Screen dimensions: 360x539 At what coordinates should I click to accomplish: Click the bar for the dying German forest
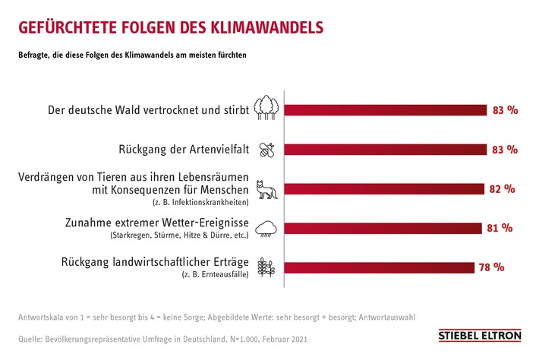[386, 110]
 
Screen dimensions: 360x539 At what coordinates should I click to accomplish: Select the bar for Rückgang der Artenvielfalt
[386, 150]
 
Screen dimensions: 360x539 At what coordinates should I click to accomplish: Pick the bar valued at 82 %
[384, 189]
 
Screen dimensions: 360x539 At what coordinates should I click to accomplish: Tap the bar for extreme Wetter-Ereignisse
[383, 228]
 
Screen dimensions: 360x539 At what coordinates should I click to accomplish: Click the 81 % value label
[500, 228]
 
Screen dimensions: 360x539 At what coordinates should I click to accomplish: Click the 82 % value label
[502, 189]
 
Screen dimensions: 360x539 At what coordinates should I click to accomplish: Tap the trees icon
[265, 109]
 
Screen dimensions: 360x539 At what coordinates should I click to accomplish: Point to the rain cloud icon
[266, 228]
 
